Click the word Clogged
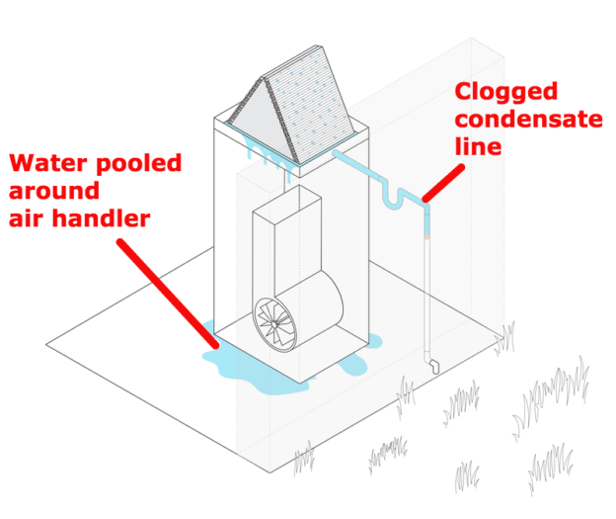click(505, 92)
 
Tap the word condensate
click(528, 120)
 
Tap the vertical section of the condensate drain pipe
click(426, 287)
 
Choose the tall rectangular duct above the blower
click(286, 242)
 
